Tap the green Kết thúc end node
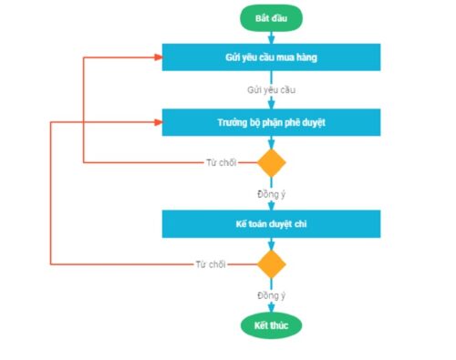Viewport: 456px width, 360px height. tap(271, 325)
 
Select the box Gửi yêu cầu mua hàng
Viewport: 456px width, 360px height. tap(271, 57)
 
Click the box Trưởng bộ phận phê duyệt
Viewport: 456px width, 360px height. tap(271, 121)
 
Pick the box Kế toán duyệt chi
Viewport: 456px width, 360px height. tap(271, 224)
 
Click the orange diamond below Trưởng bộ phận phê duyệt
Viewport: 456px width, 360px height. tap(271, 163)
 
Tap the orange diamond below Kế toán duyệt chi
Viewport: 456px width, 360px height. tap(271, 265)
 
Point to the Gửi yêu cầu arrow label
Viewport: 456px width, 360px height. tap(271, 90)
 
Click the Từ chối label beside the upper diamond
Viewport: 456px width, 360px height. tap(222, 163)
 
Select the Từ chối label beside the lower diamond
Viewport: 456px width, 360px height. tap(211, 265)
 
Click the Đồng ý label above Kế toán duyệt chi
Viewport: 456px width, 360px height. tap(271, 193)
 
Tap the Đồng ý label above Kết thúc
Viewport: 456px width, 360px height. tap(271, 295)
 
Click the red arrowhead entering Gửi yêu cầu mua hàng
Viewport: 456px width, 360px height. tap(158, 57)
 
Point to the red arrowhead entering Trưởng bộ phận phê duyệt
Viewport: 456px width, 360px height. tap(158, 121)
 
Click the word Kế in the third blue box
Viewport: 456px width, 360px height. tap(241, 224)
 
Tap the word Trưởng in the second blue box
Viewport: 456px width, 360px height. tap(233, 121)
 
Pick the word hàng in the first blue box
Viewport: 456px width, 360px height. tap(306, 57)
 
